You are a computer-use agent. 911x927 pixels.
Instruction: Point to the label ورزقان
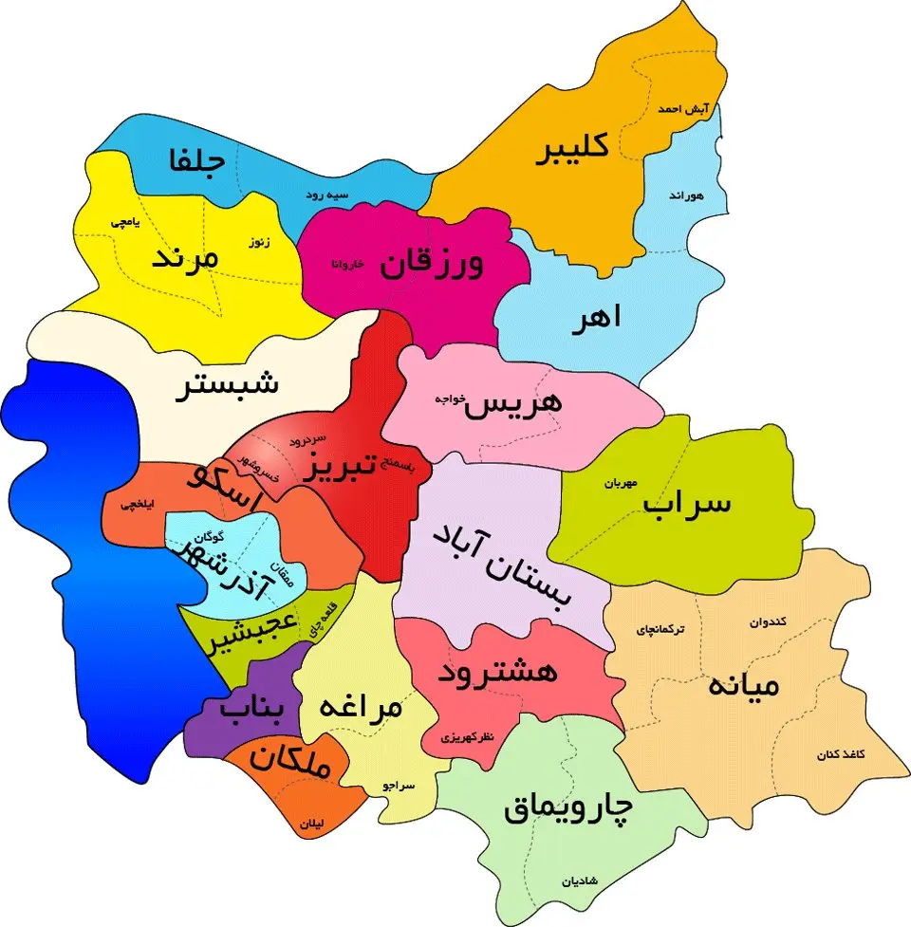tap(432, 263)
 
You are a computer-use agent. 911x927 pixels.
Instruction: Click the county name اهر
tap(596, 318)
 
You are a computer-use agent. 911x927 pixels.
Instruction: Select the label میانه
tap(743, 683)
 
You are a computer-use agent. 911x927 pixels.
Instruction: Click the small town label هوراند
tap(685, 195)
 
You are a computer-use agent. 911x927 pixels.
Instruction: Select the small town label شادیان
tap(580, 881)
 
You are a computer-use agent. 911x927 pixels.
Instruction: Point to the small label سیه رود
tap(325, 195)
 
